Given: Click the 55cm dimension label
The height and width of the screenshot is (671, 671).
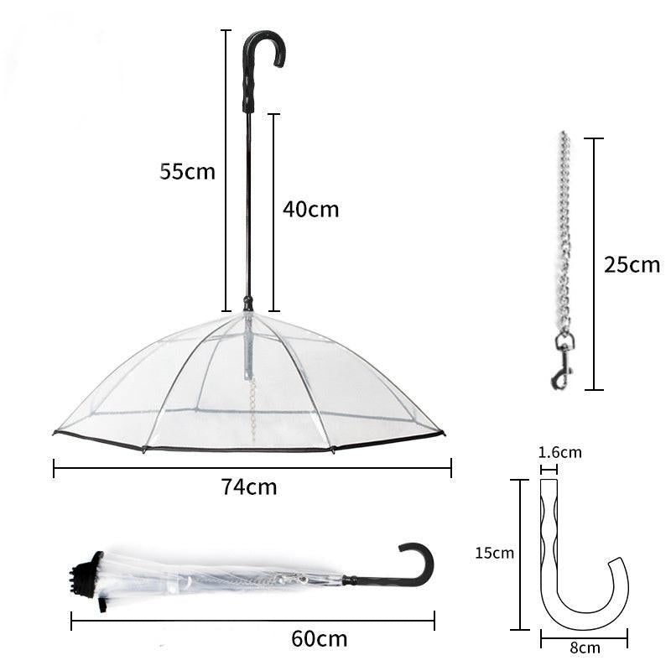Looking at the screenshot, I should tap(188, 172).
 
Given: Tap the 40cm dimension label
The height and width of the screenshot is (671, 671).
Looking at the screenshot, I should tap(310, 209).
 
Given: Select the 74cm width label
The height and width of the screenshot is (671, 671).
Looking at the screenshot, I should tap(249, 486).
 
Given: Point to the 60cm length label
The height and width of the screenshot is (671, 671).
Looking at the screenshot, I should tap(319, 638).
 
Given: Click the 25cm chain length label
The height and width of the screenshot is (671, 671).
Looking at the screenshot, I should tap(632, 265).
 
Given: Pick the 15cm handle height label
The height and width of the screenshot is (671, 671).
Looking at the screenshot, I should tap(493, 553).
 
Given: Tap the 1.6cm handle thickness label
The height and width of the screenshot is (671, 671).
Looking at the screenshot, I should tap(559, 453).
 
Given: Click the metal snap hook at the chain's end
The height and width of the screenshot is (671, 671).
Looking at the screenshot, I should tap(563, 361).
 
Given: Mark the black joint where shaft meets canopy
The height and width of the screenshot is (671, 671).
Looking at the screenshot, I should tap(247, 303).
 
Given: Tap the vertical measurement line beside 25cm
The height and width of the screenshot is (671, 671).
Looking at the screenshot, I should tap(594, 264).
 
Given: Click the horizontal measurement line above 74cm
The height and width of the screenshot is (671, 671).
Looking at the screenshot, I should tap(252, 467).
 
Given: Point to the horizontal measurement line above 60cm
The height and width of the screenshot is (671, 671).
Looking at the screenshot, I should tap(252, 621).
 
